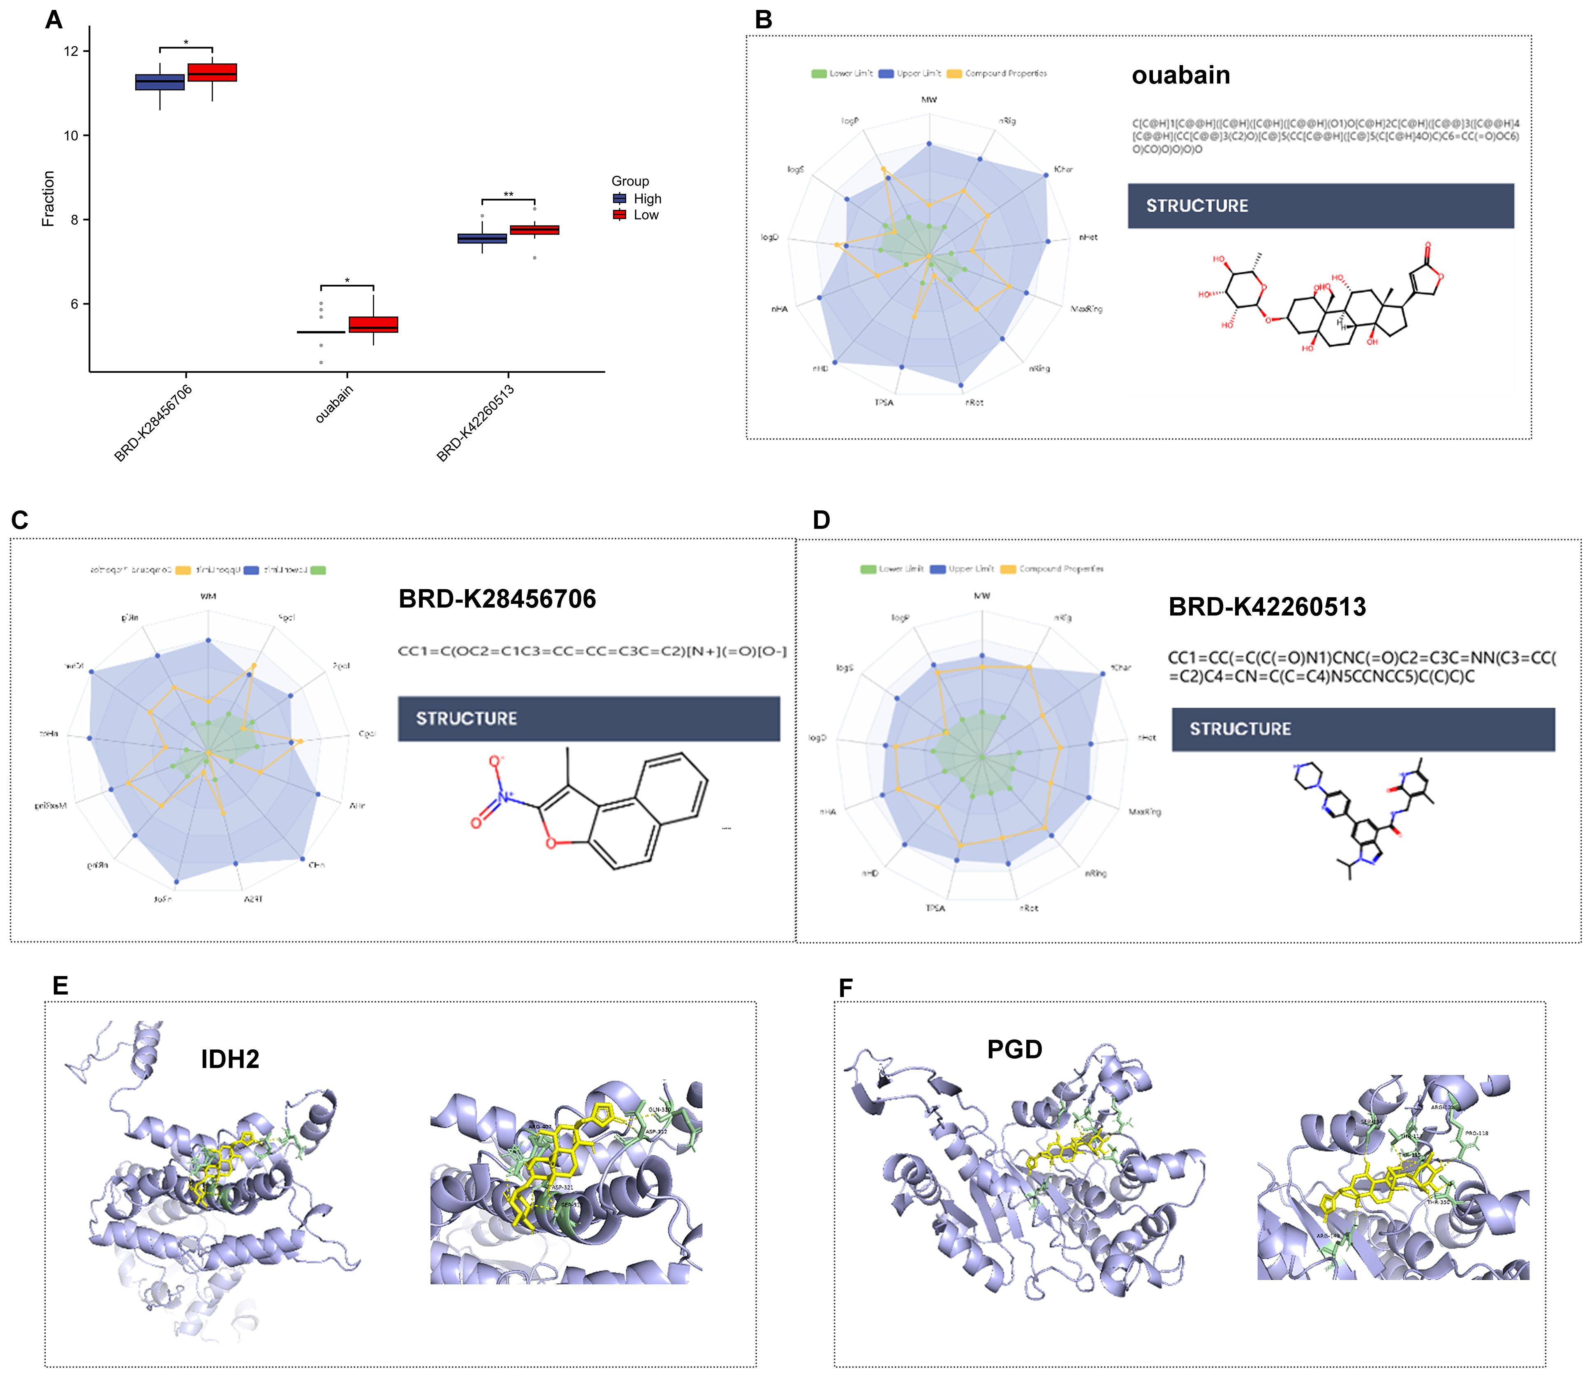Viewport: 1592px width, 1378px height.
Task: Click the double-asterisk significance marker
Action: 508,195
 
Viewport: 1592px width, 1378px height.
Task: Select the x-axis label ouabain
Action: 335,403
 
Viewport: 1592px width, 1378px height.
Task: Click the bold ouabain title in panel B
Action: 1181,75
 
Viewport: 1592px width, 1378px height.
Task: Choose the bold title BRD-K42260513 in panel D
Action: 1267,607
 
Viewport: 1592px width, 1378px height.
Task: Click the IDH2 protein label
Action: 230,1059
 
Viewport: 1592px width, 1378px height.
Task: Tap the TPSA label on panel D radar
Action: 935,908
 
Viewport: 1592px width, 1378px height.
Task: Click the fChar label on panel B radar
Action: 1063,169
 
